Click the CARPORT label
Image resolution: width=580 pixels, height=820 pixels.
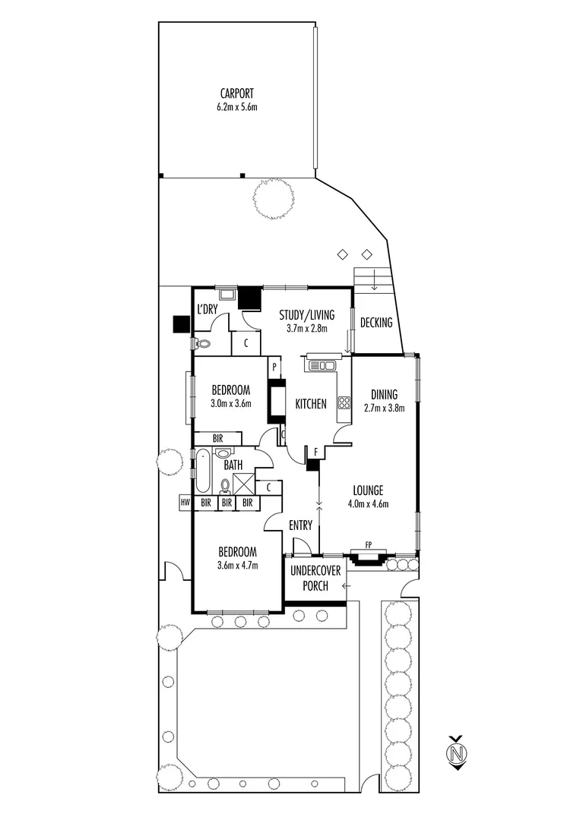237,94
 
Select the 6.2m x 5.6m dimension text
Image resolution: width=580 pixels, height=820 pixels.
237,107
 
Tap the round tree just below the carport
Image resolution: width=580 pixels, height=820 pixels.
273,198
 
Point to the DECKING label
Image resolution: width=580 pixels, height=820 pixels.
376,323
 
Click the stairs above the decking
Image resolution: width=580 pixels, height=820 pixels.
373,282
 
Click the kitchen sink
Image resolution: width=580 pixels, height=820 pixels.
322,366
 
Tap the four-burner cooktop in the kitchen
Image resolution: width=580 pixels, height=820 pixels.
344,403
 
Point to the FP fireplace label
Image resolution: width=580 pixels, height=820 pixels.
369,544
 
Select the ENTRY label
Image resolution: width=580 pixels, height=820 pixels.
301,525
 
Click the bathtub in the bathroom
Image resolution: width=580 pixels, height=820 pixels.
204,471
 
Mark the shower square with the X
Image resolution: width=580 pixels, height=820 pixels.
244,484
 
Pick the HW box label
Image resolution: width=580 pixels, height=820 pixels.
185,503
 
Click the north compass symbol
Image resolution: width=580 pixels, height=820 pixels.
457,753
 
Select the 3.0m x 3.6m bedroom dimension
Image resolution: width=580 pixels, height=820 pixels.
230,403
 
